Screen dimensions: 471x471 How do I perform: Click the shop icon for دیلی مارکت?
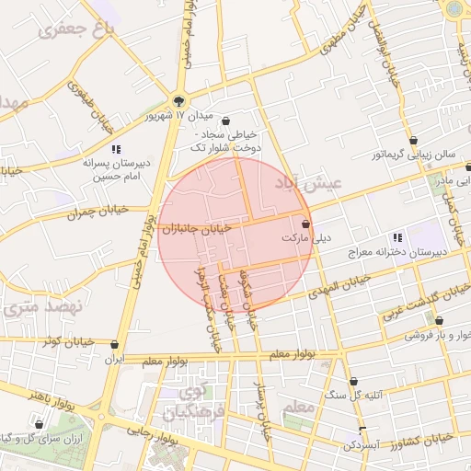(x=305, y=224)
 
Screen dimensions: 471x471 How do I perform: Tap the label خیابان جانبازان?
(x=206, y=229)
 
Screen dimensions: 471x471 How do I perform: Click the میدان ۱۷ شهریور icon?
(x=179, y=103)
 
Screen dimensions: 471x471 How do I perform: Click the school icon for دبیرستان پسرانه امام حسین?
(x=116, y=148)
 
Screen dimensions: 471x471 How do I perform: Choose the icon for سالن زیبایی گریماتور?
(x=415, y=142)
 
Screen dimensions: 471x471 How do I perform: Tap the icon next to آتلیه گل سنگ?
(x=355, y=380)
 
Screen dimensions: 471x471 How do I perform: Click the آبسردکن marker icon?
(x=362, y=431)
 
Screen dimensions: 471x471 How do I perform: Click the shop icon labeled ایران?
(x=115, y=347)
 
